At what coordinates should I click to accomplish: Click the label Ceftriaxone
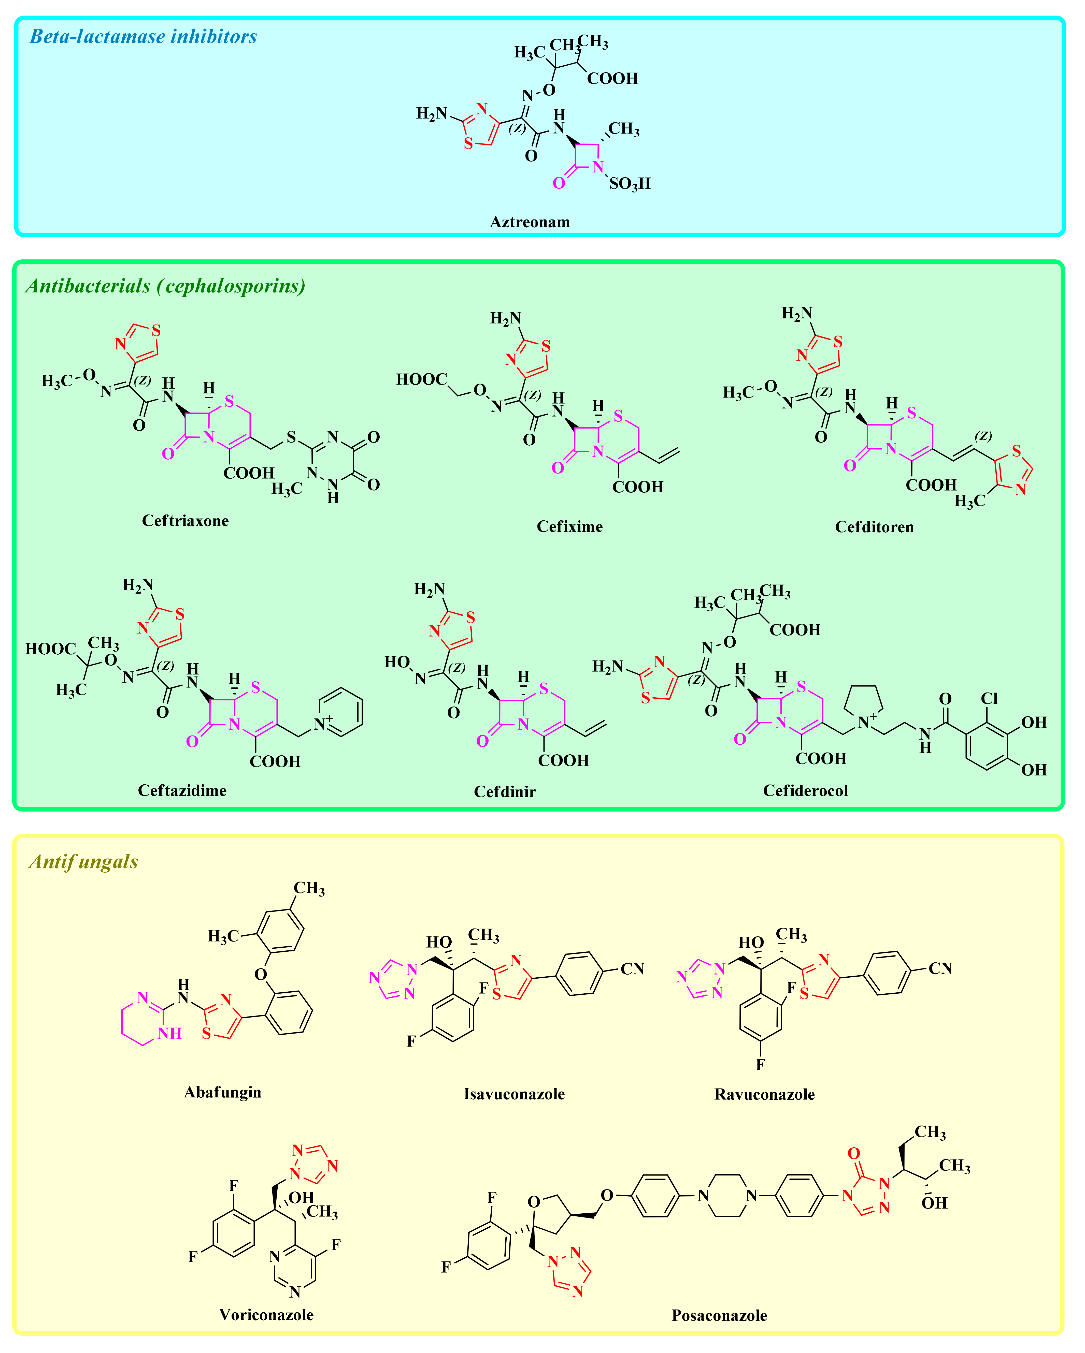point(185,521)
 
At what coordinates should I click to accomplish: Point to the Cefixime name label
point(569,526)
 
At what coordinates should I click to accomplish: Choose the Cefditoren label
point(874,527)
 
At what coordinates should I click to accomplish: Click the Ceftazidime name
point(182,791)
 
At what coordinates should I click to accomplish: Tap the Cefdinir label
point(505,792)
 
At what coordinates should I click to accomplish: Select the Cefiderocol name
point(806,791)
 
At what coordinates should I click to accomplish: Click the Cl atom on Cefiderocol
point(989,699)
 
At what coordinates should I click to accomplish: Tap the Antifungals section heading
point(83,862)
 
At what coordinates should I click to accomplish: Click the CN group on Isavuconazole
point(632,969)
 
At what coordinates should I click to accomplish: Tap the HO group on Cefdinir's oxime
point(397,663)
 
